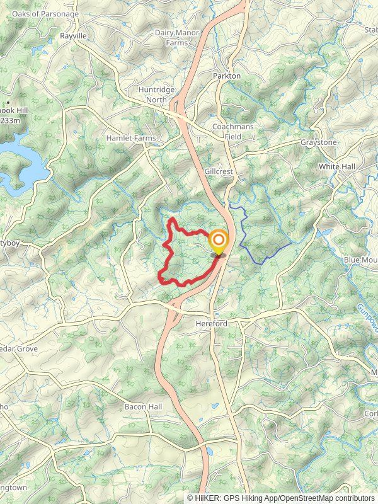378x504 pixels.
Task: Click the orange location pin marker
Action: (x=219, y=242)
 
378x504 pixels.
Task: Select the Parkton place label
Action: (x=227, y=76)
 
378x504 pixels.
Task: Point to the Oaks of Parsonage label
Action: (x=45, y=14)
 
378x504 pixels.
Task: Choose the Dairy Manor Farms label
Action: (x=177, y=38)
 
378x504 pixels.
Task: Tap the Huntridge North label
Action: (x=153, y=95)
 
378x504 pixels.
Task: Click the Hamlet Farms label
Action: (x=130, y=138)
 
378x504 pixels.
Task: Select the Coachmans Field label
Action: (x=232, y=131)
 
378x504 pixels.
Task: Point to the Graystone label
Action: (x=318, y=142)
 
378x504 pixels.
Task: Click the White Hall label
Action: (x=337, y=166)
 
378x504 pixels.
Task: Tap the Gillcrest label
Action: (x=219, y=171)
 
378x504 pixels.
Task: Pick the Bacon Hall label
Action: (x=143, y=407)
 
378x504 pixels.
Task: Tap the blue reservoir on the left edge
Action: (x=19, y=167)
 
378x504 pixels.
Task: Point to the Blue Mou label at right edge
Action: (x=360, y=260)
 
